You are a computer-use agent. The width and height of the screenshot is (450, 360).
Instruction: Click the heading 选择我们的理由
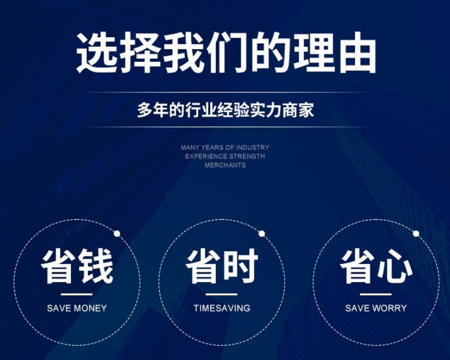pos(226,53)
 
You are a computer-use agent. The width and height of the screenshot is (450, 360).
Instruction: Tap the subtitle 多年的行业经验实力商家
pos(226,110)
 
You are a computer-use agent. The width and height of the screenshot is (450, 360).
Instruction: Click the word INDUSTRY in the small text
pos(253,148)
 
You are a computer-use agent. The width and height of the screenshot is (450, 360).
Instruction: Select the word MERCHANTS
pos(225,165)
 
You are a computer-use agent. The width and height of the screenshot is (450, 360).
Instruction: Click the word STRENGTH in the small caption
pos(247,157)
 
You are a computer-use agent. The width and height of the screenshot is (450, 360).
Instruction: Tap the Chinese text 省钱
pos(77,266)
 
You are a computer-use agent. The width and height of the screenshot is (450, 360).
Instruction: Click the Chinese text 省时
pos(222,266)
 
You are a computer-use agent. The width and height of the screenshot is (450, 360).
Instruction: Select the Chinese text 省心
pos(376,266)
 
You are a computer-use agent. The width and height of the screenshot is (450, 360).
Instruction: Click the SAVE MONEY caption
pos(77,308)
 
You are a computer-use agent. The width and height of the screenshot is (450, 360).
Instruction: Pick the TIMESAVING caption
pos(222,308)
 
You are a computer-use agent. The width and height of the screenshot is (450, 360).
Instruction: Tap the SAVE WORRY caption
pos(376,308)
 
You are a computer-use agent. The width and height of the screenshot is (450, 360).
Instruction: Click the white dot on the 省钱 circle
pos(117,233)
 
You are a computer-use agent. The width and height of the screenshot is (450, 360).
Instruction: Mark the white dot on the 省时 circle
pos(262,233)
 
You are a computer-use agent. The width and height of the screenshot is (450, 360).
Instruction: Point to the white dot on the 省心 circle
pos(416,233)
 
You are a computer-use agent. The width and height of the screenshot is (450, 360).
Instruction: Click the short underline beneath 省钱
pos(77,294)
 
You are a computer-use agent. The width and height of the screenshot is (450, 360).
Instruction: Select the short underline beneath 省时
pos(221,294)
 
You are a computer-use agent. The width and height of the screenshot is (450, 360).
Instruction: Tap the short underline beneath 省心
pos(376,294)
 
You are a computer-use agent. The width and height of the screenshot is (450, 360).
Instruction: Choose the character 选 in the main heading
pos(97,53)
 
